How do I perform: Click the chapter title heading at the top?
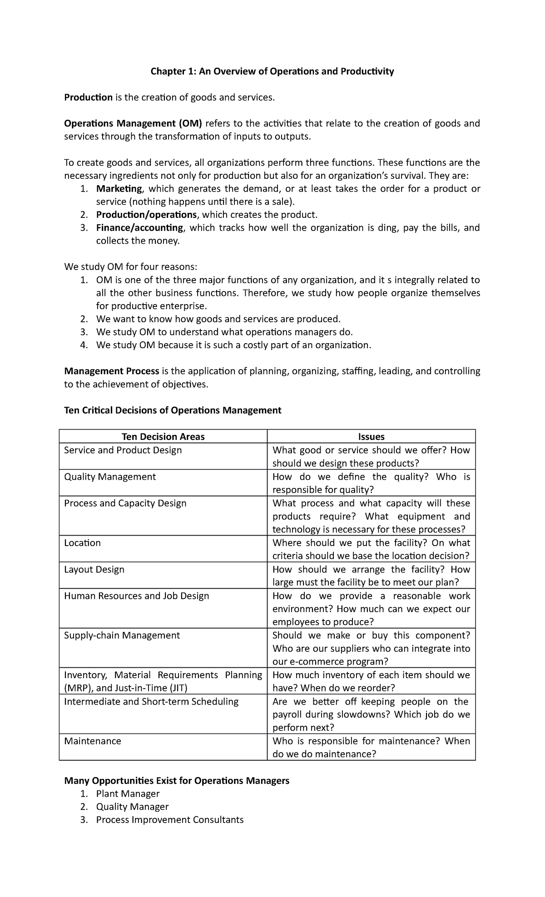tap(272, 71)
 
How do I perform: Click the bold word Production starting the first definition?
tap(88, 97)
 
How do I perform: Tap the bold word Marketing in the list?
tap(119, 189)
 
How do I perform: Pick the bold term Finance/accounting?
tap(139, 228)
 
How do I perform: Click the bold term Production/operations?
tap(146, 215)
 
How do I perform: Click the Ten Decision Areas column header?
tap(163, 437)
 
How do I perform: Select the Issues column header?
tap(371, 437)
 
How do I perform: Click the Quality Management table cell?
tap(110, 477)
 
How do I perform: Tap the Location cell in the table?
tap(82, 543)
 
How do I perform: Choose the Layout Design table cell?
tap(94, 569)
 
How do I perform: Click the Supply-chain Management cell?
tap(122, 636)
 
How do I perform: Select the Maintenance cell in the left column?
tap(93, 741)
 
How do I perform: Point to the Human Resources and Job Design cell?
tap(136, 596)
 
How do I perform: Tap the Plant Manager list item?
tap(128, 794)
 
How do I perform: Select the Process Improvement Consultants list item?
tap(169, 820)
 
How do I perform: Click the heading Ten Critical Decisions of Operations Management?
tap(173, 410)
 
